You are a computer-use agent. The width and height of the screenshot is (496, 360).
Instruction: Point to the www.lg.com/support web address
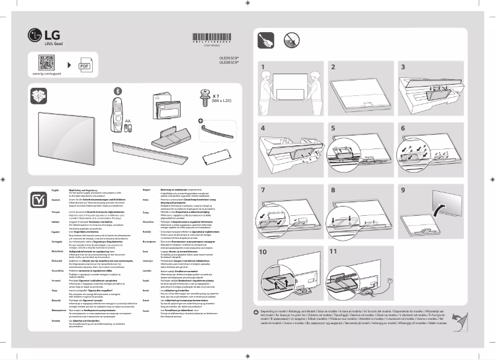[x=46, y=75]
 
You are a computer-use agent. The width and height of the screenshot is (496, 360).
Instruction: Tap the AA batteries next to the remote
[x=127, y=127]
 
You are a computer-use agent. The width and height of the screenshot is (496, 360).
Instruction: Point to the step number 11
[x=333, y=252]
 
